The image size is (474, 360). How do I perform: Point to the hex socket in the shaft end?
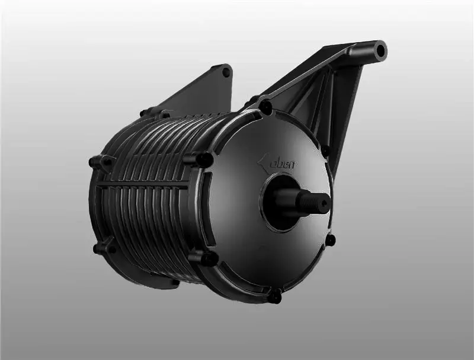tap(325, 203)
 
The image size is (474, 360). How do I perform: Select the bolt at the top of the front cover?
tap(265, 107)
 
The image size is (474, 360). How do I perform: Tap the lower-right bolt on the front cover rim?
tap(330, 240)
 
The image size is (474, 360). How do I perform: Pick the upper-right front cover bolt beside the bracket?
tap(324, 151)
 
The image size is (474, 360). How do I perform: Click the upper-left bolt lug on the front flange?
tap(203, 159)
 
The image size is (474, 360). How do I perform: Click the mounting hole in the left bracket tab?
tap(226, 72)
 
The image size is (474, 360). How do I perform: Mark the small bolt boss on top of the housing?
tap(146, 111)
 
